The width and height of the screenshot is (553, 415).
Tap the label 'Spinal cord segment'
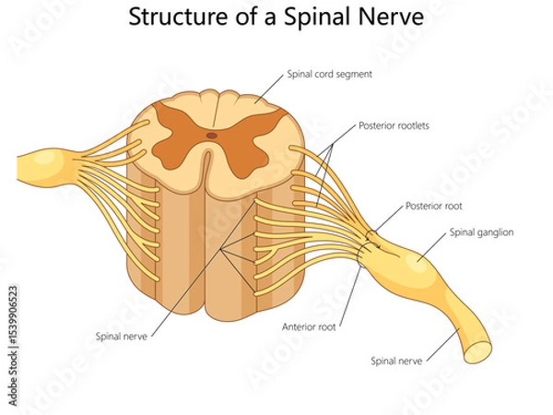pos(329,75)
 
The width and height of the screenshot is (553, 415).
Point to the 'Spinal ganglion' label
pos(481,232)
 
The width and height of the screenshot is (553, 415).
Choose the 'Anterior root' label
pos(311,326)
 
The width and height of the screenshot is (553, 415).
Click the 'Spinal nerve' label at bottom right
pos(396,361)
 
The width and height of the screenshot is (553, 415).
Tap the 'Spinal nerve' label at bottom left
pos(122,336)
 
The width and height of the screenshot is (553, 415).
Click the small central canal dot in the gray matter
pos(212,135)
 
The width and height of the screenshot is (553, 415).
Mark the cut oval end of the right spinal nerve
pos(478,351)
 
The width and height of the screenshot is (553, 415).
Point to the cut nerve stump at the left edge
pos(28,166)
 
